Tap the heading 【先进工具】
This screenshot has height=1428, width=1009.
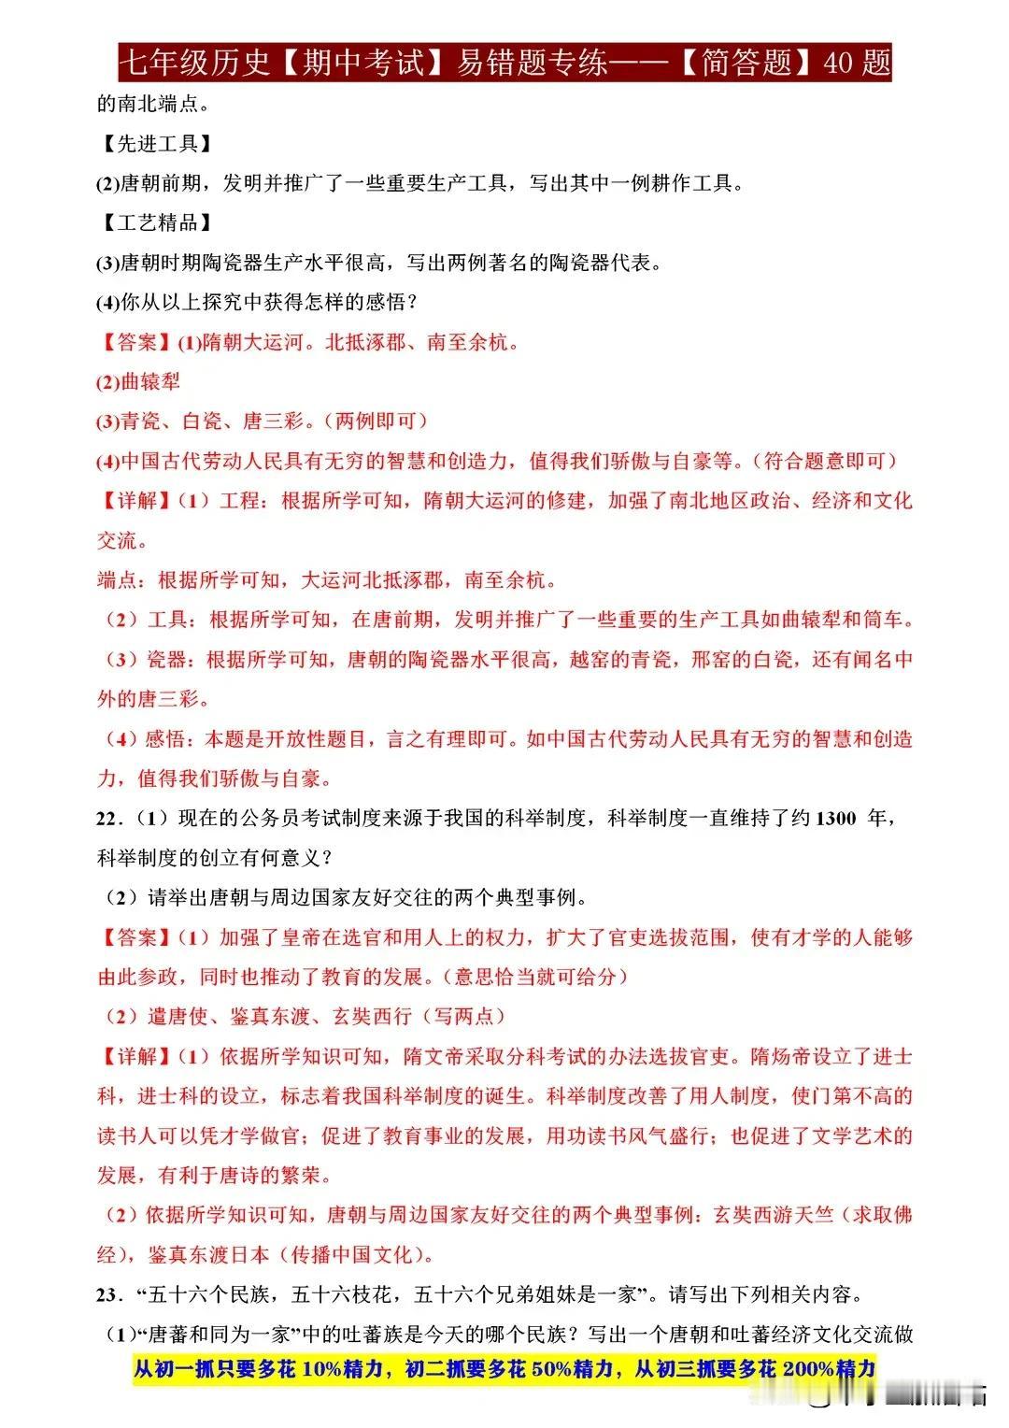[154, 143]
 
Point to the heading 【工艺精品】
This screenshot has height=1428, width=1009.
[154, 222]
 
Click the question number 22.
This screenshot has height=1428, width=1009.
[107, 819]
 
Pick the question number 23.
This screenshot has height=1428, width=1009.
[107, 1295]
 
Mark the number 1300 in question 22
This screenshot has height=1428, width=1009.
[836, 819]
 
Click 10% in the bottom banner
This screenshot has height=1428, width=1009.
[320, 1369]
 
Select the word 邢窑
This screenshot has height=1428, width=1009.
[711, 660]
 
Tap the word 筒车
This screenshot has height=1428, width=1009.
[884, 619]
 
